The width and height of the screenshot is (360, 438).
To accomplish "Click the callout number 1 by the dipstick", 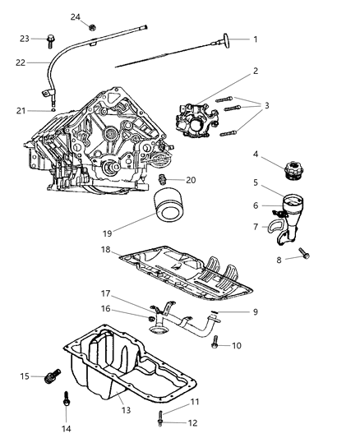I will coord(254,39).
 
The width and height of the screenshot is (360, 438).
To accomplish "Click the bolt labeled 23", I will coord(50,38).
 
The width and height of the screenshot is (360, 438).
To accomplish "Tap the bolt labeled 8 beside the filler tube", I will coord(304,254).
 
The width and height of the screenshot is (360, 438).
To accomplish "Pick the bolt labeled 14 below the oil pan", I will coord(66,401).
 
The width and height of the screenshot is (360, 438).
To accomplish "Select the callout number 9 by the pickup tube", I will coord(255,311).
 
